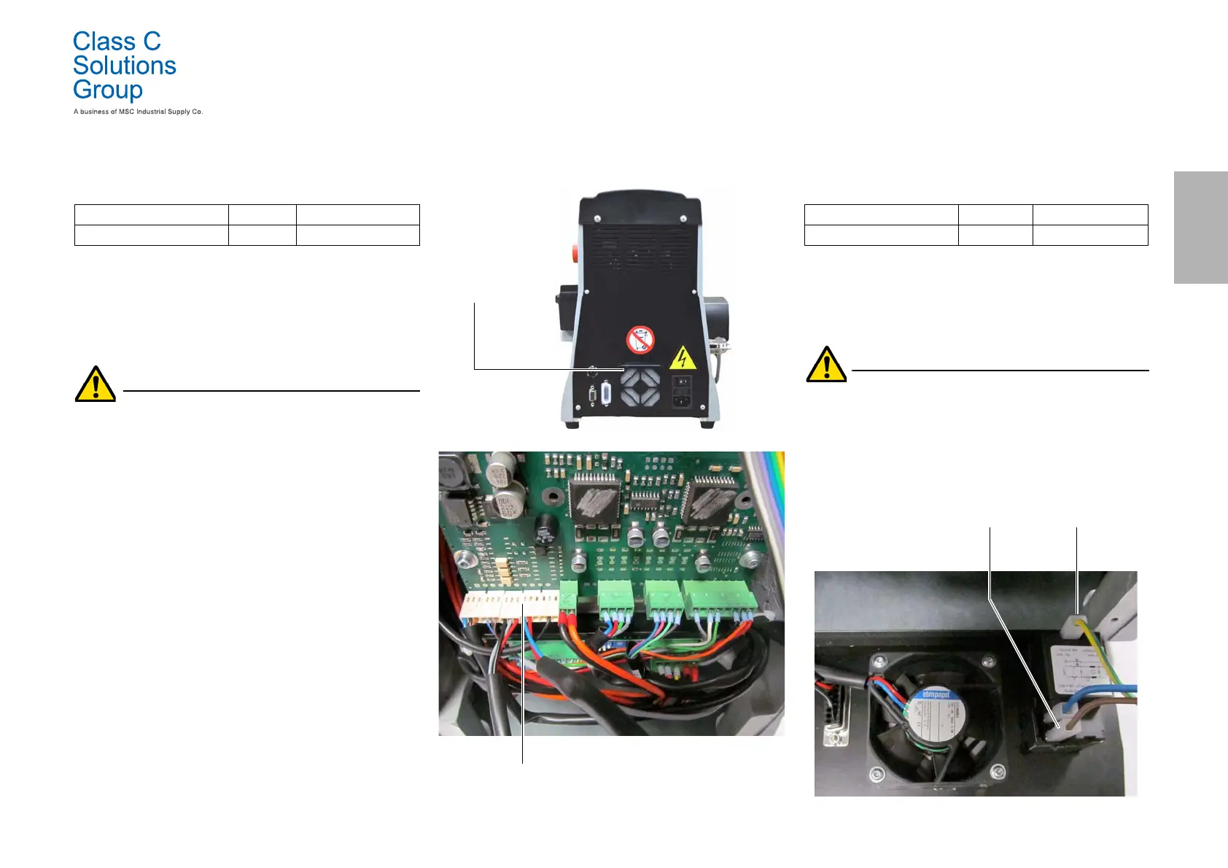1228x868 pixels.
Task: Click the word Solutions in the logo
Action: point(125,66)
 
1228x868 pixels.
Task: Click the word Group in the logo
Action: point(108,90)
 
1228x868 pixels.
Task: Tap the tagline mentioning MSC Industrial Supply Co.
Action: point(138,112)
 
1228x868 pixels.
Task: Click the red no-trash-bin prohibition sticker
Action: point(640,339)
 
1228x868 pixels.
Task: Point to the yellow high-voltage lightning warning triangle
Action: point(682,358)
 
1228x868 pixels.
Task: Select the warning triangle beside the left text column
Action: point(96,384)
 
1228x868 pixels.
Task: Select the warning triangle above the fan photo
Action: point(826,365)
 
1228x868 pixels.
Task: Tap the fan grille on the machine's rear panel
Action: point(640,387)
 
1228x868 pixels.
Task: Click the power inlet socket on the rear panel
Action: point(681,399)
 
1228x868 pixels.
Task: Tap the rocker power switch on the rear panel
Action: point(681,381)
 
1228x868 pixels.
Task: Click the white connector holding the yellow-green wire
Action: point(1076,624)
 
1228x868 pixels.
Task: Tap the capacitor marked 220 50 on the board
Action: point(506,503)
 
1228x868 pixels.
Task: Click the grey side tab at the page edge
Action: point(1200,227)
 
